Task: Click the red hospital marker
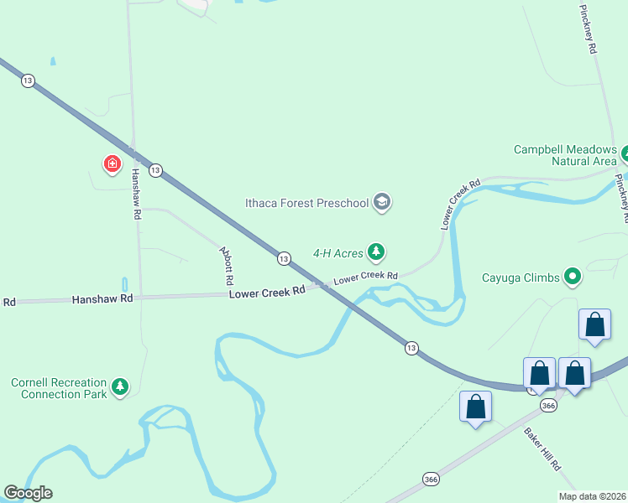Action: (112, 163)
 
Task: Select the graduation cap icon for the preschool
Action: (382, 202)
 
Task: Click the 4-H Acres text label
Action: (337, 251)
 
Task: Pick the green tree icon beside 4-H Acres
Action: (377, 251)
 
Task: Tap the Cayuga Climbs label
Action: (521, 277)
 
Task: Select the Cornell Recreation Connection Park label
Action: (59, 388)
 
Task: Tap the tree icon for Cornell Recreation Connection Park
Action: (121, 386)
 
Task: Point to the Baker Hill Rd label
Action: (542, 449)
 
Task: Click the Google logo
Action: (28, 493)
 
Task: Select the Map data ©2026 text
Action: (592, 496)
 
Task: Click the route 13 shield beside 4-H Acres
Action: (284, 259)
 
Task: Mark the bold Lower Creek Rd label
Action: (267, 293)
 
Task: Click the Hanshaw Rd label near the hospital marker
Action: (136, 194)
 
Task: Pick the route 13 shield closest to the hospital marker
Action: (154, 170)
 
